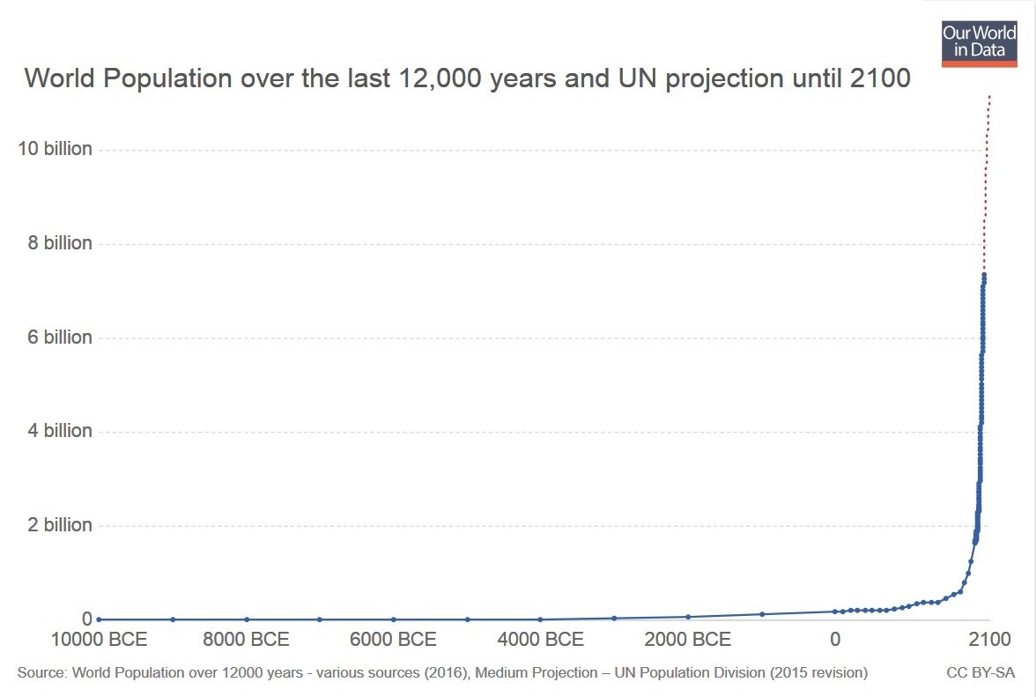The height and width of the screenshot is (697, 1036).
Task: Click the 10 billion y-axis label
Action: [x=55, y=149]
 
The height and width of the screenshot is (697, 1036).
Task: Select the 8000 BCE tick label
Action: [x=246, y=639]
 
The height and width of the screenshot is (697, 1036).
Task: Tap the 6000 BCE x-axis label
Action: [x=394, y=639]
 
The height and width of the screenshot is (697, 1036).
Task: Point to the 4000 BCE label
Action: [x=541, y=639]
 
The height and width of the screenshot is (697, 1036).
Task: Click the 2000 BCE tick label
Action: [x=688, y=639]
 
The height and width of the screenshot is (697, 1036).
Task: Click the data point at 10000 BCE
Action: [x=99, y=619]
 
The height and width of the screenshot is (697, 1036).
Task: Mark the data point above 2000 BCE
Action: [x=688, y=617]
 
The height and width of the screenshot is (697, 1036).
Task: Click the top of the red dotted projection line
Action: [x=989, y=95]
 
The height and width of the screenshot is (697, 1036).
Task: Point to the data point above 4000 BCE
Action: [x=540, y=619]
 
